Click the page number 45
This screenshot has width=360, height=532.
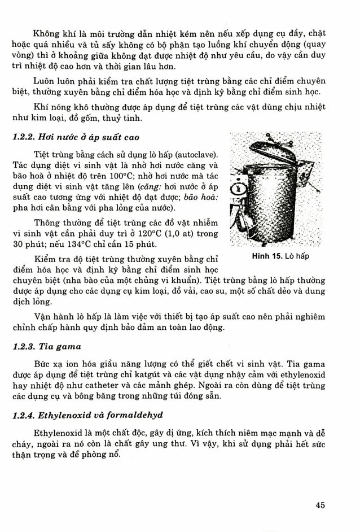pos(319,505)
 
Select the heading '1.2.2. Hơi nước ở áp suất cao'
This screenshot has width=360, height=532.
pos(74,137)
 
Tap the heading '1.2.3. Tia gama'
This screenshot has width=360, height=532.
pos(47,347)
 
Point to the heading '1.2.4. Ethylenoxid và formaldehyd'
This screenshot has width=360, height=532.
pos(87,415)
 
